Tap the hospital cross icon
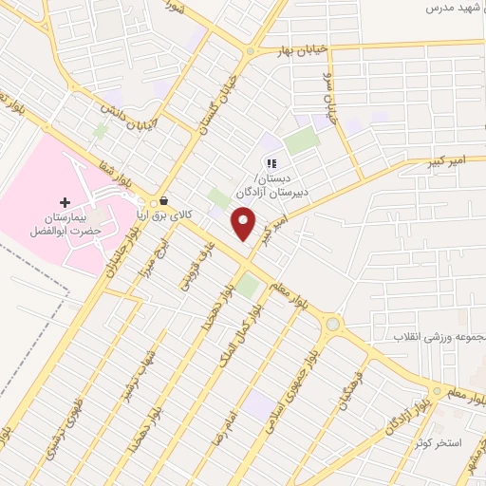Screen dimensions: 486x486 coord(65,202)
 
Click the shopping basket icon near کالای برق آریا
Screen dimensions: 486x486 coord(165,201)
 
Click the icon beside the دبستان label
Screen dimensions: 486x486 coord(271,164)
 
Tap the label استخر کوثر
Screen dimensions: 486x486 coord(438,442)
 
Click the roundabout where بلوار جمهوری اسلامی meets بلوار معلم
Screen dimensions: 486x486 coord(332,325)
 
